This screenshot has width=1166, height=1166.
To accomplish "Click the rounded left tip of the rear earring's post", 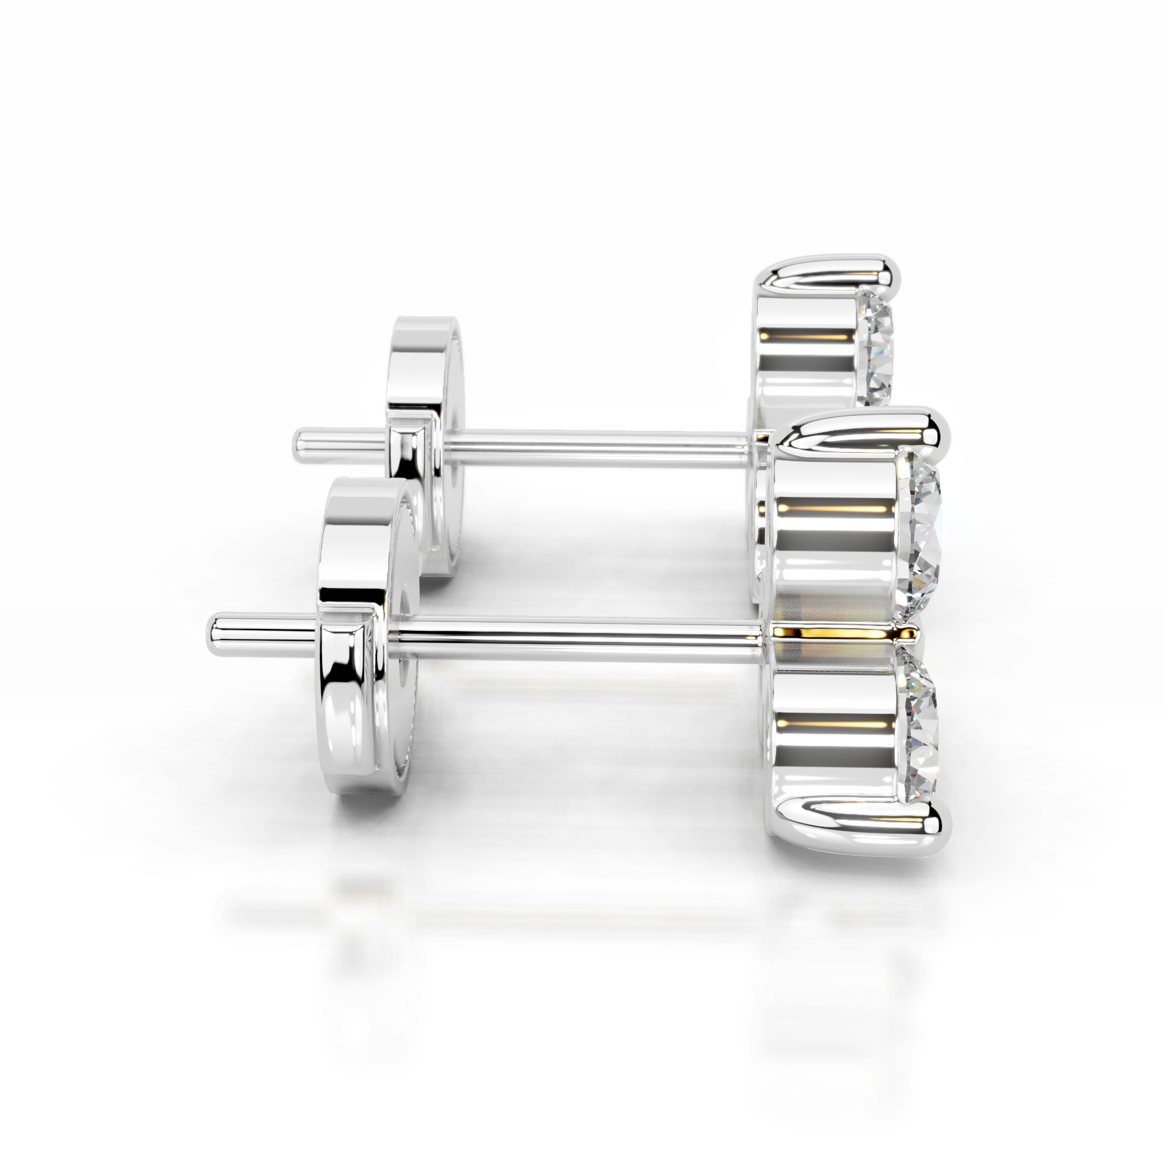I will pyautogui.click(x=299, y=443).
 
